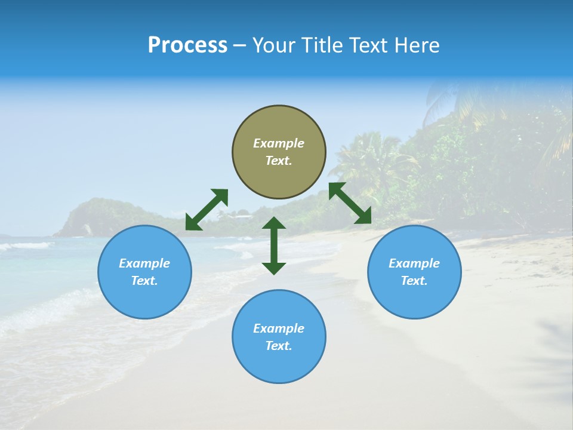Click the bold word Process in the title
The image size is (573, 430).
coord(187,45)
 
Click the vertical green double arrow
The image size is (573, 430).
coord(274,245)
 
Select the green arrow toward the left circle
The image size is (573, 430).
coord(207,209)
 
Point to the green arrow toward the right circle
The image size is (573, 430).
coord(350,203)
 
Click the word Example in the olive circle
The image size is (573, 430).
coord(279,143)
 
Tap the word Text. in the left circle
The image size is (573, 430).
coord(144,281)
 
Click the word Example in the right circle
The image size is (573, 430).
coord(414,263)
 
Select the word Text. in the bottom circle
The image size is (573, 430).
coord(279,346)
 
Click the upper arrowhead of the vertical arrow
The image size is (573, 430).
coord(274,223)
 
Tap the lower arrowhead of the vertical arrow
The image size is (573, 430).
coord(274,268)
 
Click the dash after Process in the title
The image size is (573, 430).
coord(239,46)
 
